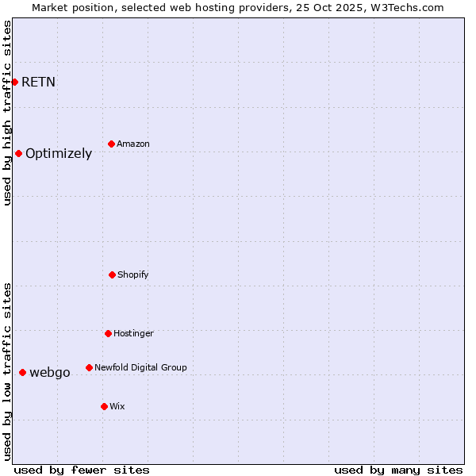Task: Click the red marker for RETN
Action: [x=14, y=82]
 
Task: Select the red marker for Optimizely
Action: [x=18, y=153]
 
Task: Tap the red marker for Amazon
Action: [x=111, y=144]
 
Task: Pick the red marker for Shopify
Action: [x=112, y=274]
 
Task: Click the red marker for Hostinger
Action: [x=108, y=333]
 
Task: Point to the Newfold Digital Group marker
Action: [x=89, y=367]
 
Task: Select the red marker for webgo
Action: [x=22, y=372]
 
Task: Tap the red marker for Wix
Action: [x=104, y=406]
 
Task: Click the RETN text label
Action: [x=38, y=82]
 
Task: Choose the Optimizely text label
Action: [x=59, y=154]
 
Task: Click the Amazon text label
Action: [x=133, y=144]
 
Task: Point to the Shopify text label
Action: [x=133, y=275]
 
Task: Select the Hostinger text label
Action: [x=133, y=334]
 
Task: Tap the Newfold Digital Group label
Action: [x=140, y=368]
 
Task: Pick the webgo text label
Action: [x=50, y=373]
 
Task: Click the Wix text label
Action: [x=117, y=407]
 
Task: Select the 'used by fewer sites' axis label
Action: [x=82, y=470]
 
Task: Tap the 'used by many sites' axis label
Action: [x=398, y=470]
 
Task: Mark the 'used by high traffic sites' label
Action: [x=7, y=113]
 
